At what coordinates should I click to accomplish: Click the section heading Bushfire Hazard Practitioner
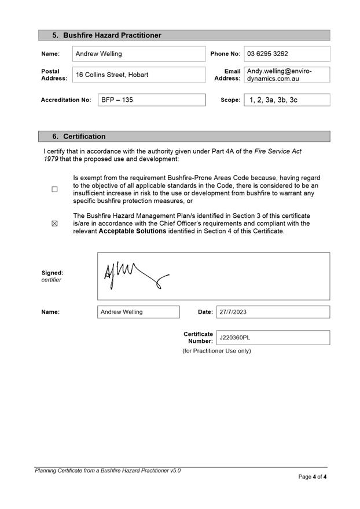(112, 35)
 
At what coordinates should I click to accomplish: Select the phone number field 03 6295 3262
(286, 54)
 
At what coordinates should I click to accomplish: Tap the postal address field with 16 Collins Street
(139, 75)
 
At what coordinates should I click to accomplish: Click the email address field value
(286, 75)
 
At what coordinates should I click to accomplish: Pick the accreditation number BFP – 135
(151, 100)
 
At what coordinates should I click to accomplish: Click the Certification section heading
(84, 137)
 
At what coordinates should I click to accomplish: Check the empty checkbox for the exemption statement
(55, 189)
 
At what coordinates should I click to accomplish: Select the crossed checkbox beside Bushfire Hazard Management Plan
(55, 224)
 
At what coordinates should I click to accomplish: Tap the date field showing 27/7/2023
(273, 312)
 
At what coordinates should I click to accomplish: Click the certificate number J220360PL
(273, 338)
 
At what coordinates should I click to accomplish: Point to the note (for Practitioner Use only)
(216, 351)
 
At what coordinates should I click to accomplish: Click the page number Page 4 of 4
(313, 477)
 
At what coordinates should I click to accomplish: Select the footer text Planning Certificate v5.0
(108, 471)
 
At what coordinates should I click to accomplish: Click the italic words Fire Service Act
(278, 151)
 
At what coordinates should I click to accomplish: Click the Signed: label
(52, 273)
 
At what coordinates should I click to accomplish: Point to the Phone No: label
(225, 54)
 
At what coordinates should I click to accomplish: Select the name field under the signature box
(138, 312)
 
